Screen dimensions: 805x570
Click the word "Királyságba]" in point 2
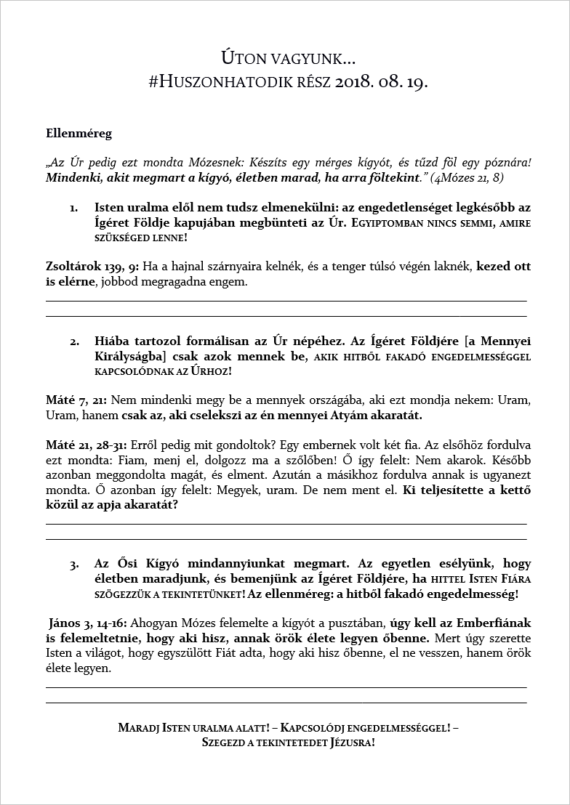pos(127,356)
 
